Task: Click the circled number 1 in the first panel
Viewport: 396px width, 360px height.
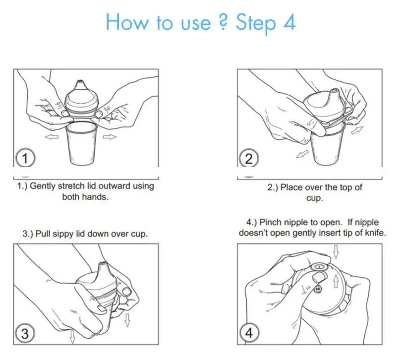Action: pyautogui.click(x=25, y=158)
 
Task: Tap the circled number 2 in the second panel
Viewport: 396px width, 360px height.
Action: pyautogui.click(x=249, y=158)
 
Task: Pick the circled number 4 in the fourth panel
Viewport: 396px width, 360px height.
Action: pyautogui.click(x=249, y=332)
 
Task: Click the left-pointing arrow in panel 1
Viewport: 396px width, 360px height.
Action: pyautogui.click(x=52, y=137)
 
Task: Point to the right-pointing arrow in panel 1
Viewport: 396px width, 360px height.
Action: pyautogui.click(x=110, y=137)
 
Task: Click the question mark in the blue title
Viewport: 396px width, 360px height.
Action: pyautogui.click(x=223, y=22)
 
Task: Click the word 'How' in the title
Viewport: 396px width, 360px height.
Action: pyautogui.click(x=127, y=22)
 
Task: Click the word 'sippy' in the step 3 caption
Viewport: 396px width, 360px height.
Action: pyautogui.click(x=64, y=234)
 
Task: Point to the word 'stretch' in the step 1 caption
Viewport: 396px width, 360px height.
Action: pyautogui.click(x=71, y=186)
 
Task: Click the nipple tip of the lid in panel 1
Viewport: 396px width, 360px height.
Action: pyautogui.click(x=80, y=83)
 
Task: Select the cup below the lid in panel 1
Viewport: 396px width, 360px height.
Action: pyautogui.click(x=82, y=143)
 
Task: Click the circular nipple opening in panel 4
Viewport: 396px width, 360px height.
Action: pyautogui.click(x=319, y=267)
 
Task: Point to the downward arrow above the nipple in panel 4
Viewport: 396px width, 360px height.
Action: pyautogui.click(x=336, y=251)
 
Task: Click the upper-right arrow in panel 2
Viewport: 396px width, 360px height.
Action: pyautogui.click(x=357, y=130)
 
